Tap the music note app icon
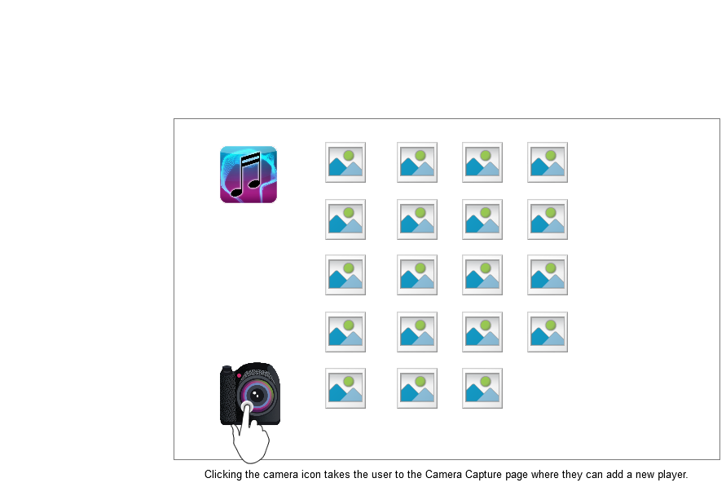[249, 175]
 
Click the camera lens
[256, 395]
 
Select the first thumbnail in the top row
[345, 162]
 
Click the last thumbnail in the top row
[548, 162]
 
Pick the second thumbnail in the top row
[417, 162]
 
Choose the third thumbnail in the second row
[482, 219]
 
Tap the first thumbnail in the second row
[345, 219]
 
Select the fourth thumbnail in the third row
[548, 275]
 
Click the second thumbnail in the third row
[417, 275]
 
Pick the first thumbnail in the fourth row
[345, 332]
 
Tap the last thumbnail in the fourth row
[548, 332]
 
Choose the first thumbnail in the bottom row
[345, 388]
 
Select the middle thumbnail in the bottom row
[417, 388]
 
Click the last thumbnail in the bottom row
[482, 388]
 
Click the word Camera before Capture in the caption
[443, 475]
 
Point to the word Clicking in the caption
[223, 475]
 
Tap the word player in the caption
[672, 475]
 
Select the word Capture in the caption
[486, 475]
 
